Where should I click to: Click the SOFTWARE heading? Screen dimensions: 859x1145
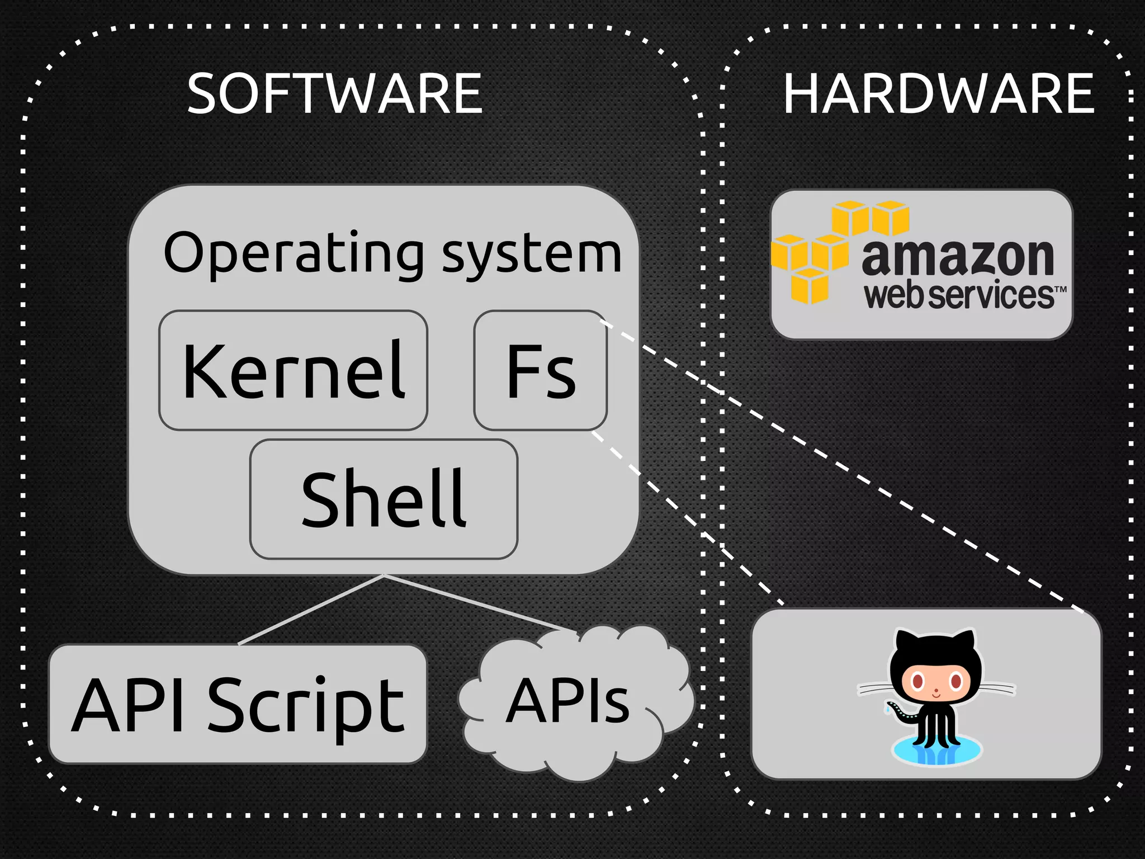pyautogui.click(x=334, y=93)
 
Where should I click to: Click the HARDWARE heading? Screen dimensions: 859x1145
pyautogui.click(x=938, y=93)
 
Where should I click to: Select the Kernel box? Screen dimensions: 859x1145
pyautogui.click(x=294, y=371)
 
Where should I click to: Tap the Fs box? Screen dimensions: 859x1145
pyautogui.click(x=540, y=371)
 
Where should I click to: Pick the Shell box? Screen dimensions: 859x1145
pyautogui.click(x=384, y=499)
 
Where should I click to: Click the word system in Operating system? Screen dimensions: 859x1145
pyautogui.click(x=531, y=254)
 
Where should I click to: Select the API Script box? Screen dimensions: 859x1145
pyautogui.click(x=238, y=704)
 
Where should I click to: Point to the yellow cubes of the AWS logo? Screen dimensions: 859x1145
pyautogui.click(x=811, y=252)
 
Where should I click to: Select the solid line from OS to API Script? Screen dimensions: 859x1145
pyautogui.click(x=310, y=610)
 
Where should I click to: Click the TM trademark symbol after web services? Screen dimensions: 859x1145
pyautogui.click(x=1060, y=289)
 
